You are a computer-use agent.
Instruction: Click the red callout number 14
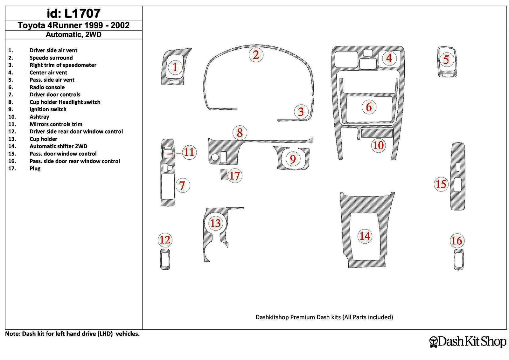365,236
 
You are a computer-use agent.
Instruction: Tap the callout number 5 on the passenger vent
446,59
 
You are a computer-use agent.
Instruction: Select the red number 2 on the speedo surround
256,55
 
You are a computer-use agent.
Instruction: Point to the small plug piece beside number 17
224,175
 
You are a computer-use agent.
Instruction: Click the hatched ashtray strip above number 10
377,133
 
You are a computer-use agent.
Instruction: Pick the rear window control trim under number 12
165,259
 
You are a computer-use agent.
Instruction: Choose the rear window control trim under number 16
458,260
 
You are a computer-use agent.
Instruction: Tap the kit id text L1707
82,13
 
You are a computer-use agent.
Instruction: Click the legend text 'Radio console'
47,87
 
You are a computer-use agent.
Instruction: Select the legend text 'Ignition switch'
48,109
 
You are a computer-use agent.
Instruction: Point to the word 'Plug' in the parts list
35,169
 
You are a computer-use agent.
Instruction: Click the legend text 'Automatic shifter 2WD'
59,146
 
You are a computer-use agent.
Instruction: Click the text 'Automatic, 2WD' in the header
73,35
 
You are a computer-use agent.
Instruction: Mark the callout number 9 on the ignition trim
293,159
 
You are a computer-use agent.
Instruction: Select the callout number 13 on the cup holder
215,223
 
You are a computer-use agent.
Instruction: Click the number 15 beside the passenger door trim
441,184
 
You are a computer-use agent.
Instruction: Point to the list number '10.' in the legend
12,117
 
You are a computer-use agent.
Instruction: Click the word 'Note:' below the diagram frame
13,334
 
